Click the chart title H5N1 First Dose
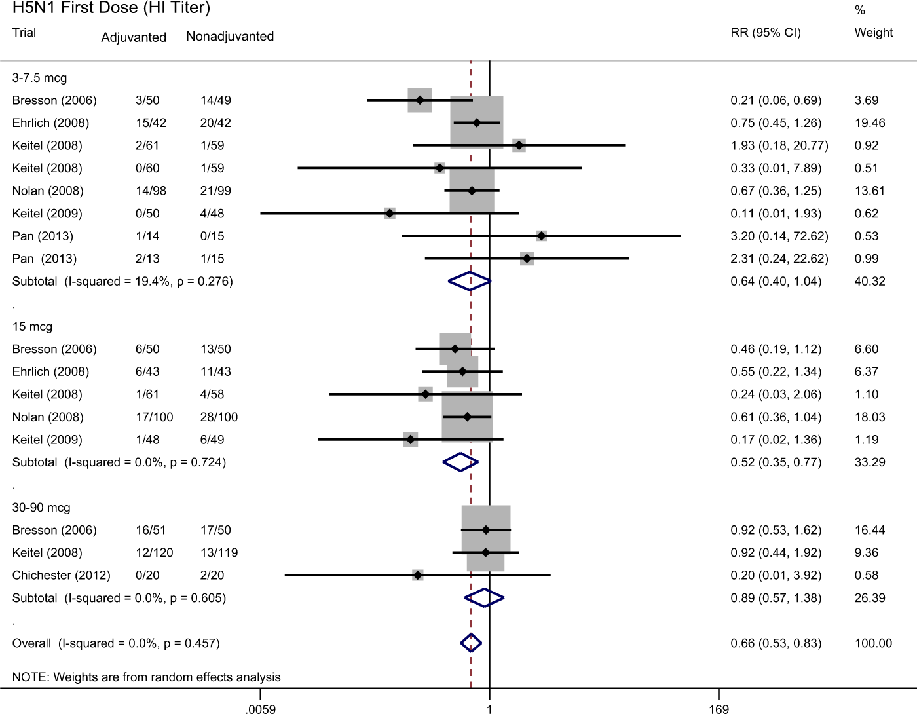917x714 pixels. pyautogui.click(x=111, y=9)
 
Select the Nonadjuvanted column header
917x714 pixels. pyautogui.click(x=230, y=37)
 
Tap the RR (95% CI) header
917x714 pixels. pyautogui.click(x=766, y=33)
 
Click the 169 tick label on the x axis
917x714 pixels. pyautogui.click(x=719, y=709)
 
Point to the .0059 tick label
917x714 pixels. pyautogui.click(x=261, y=709)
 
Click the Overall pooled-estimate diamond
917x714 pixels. pyautogui.click(x=471, y=643)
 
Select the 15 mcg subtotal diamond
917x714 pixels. pyautogui.click(x=460, y=462)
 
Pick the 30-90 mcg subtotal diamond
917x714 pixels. pyautogui.click(x=484, y=598)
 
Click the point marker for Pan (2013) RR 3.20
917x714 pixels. pyautogui.click(x=541, y=236)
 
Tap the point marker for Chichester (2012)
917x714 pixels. pyautogui.click(x=417, y=575)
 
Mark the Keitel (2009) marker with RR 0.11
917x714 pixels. pyautogui.click(x=390, y=214)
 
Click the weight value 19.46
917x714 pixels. pyautogui.click(x=870, y=123)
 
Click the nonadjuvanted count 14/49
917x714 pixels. pyautogui.click(x=215, y=100)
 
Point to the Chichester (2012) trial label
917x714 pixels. pyautogui.click(x=61, y=575)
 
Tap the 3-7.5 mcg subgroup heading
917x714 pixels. pyautogui.click(x=39, y=78)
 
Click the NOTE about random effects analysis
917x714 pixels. pyautogui.click(x=146, y=677)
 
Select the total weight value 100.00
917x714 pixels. pyautogui.click(x=873, y=643)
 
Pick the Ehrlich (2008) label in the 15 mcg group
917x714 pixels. pyautogui.click(x=50, y=372)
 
